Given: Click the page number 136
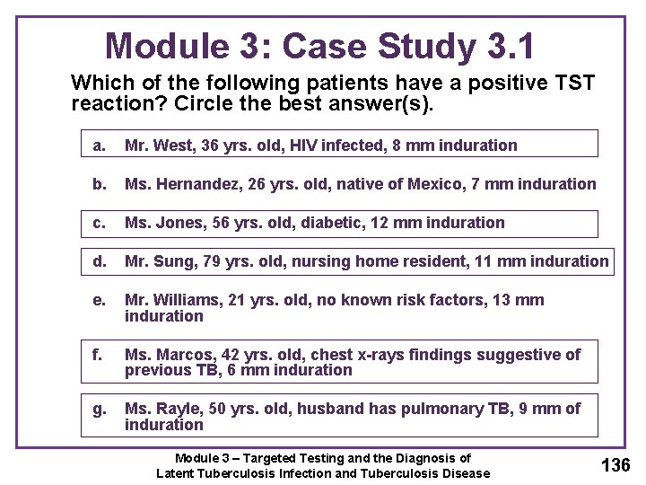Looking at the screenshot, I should [x=615, y=464].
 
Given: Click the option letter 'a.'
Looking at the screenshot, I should [x=100, y=145].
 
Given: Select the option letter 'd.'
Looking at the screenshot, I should [x=100, y=261].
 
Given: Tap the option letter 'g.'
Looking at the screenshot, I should [x=100, y=409].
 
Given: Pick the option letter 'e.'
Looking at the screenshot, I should [x=100, y=300].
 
